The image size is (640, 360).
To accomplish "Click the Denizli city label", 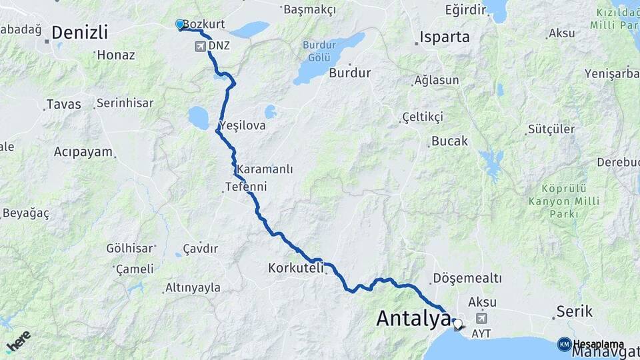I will click(x=79, y=32).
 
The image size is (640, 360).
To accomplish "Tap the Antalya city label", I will click(x=413, y=318).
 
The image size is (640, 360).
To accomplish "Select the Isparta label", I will click(x=445, y=37).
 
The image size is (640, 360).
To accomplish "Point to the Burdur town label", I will click(x=349, y=73).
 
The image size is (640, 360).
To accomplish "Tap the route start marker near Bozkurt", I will click(x=179, y=24).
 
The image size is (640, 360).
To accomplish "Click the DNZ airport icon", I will click(x=201, y=46).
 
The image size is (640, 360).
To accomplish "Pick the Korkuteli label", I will click(x=295, y=268).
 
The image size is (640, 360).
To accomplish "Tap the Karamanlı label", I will click(x=265, y=169).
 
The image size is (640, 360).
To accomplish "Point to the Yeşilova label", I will click(x=242, y=125).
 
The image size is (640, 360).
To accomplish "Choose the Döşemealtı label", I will click(x=467, y=277).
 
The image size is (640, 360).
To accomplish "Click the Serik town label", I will click(x=575, y=311).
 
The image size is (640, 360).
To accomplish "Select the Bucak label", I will click(x=450, y=141).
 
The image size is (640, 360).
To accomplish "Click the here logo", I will click(x=18, y=340).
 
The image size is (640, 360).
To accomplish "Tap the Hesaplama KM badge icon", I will click(x=565, y=344).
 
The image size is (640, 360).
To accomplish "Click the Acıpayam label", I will click(x=83, y=151).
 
